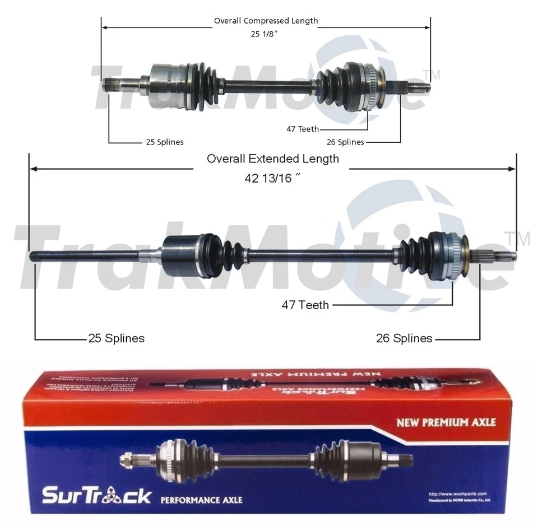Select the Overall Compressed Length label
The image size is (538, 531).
(x=266, y=21)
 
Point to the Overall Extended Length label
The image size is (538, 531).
(x=273, y=159)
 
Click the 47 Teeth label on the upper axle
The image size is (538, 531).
(x=303, y=129)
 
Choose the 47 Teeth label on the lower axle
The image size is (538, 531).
(x=305, y=305)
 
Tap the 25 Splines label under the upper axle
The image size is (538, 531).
(x=164, y=142)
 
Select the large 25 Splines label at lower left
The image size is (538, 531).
(x=116, y=338)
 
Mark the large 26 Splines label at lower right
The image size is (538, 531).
(x=404, y=338)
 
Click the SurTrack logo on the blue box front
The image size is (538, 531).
(x=97, y=495)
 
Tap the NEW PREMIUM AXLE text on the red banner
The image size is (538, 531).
(x=446, y=422)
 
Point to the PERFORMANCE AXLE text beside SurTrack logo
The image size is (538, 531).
(x=201, y=499)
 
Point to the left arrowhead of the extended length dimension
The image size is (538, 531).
(x=33, y=168)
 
